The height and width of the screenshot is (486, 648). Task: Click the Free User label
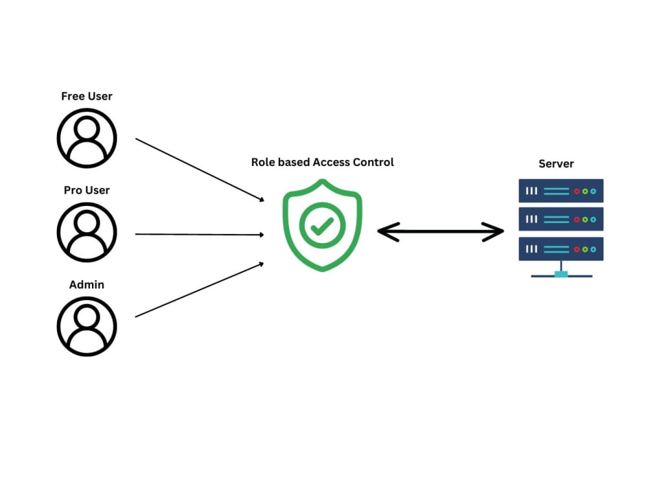(x=87, y=97)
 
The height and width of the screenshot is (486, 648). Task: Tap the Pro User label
(x=87, y=190)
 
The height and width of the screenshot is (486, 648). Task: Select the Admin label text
(x=87, y=284)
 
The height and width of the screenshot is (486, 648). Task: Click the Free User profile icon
(x=87, y=138)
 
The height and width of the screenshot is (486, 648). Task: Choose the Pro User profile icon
(x=87, y=232)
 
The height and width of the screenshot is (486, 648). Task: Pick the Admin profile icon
(x=87, y=327)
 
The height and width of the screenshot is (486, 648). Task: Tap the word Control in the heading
(x=373, y=162)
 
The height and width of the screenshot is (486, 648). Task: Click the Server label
(x=556, y=164)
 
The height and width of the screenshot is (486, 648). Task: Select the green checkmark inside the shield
(x=322, y=226)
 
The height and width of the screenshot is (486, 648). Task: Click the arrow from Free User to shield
(x=200, y=170)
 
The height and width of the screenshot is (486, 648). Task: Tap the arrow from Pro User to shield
(x=200, y=235)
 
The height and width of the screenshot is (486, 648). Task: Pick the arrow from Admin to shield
(x=200, y=290)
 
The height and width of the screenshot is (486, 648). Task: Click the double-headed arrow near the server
(x=441, y=231)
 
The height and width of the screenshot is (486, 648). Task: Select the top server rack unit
(x=561, y=191)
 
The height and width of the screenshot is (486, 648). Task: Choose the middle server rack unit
(x=561, y=219)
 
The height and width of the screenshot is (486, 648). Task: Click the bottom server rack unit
(x=561, y=249)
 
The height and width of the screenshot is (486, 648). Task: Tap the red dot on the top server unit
(x=577, y=191)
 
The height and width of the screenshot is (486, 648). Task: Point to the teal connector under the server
(x=561, y=274)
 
